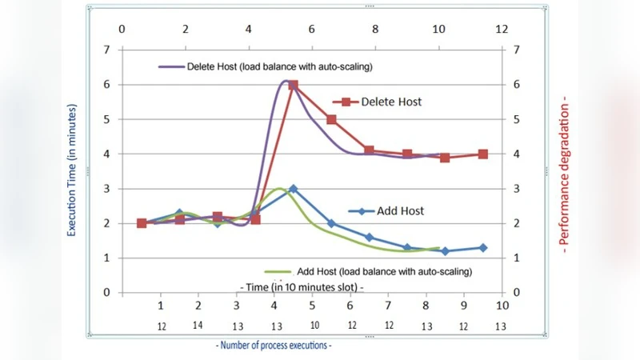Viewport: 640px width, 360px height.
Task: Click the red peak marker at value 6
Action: (293, 85)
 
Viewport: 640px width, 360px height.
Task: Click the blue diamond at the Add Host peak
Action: (293, 189)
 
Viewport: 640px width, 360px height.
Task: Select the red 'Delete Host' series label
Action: (390, 102)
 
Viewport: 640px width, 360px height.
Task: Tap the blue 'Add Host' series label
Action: (398, 211)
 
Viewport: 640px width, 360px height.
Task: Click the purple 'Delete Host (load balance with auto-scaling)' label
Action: (280, 65)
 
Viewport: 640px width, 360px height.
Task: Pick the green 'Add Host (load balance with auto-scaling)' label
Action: (384, 271)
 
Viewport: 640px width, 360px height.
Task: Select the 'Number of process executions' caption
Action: (274, 346)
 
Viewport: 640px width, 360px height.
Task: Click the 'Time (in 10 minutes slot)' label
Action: (302, 286)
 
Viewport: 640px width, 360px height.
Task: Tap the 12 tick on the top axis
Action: (502, 29)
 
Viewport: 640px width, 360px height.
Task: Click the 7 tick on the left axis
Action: (106, 50)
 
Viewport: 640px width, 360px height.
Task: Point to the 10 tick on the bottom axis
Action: (502, 306)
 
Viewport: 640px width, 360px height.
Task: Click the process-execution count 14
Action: (198, 326)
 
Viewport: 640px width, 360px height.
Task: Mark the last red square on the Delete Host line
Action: (483, 154)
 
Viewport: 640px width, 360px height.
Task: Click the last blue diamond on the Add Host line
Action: (483, 247)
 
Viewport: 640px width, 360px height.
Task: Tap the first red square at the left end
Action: (142, 223)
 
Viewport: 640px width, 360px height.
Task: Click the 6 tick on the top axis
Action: (312, 29)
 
